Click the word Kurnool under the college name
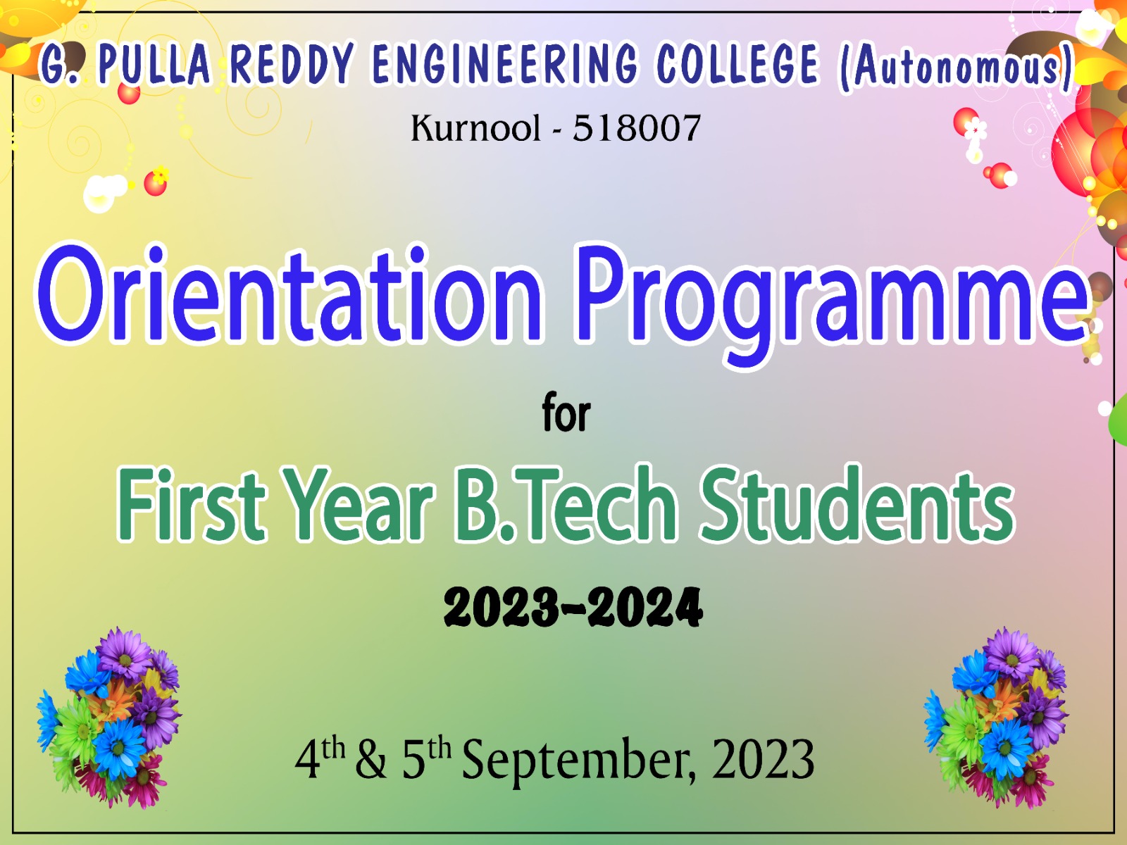pyautogui.click(x=475, y=128)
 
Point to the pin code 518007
pyautogui.click(x=637, y=128)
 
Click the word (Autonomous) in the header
pyautogui.click(x=956, y=67)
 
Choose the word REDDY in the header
pyautogui.click(x=292, y=63)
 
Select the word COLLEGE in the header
pyautogui.click(x=737, y=63)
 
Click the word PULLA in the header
pyautogui.click(x=154, y=63)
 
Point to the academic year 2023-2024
pyautogui.click(x=573, y=608)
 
